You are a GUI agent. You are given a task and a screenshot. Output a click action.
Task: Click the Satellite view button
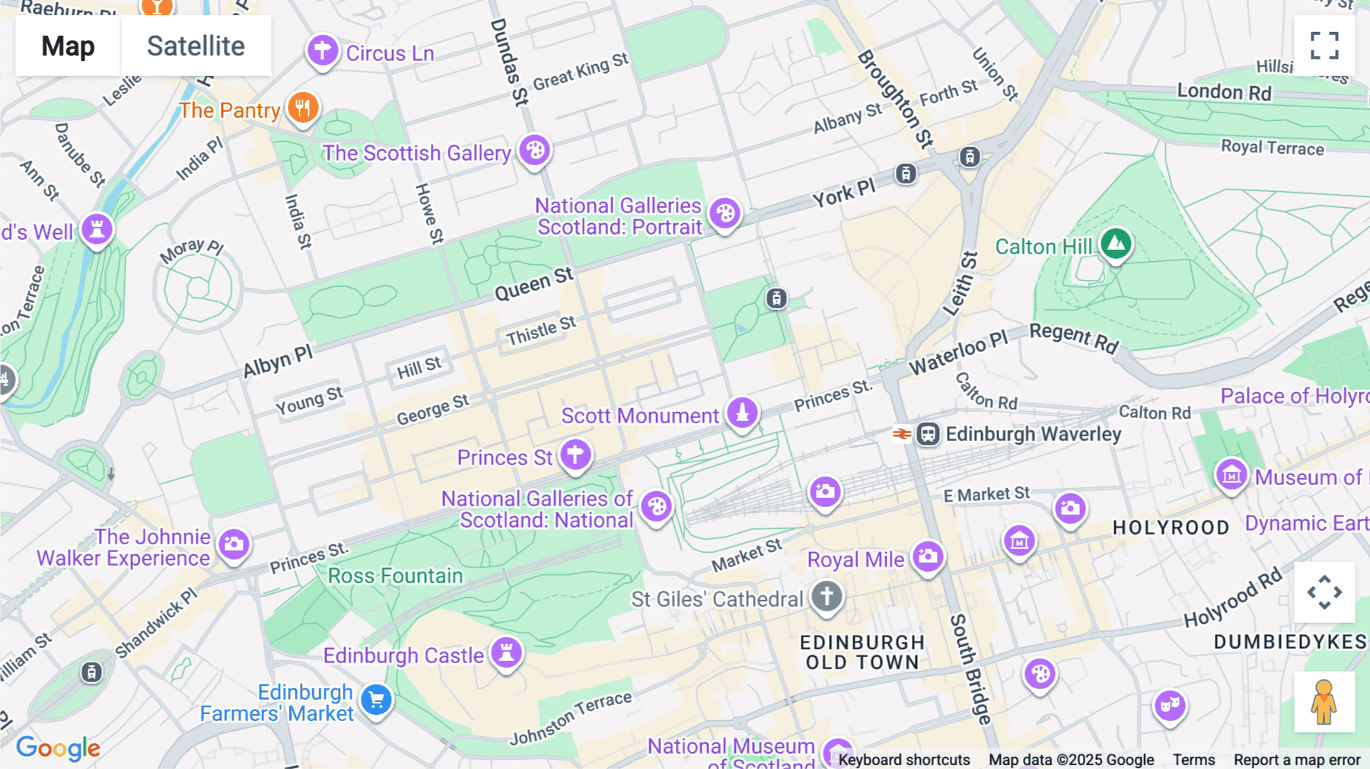point(196,46)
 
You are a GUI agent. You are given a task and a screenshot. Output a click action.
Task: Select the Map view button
point(68,46)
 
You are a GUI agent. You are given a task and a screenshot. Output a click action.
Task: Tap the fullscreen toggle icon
point(1324,46)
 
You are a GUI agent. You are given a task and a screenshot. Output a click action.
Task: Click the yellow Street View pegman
point(1324,702)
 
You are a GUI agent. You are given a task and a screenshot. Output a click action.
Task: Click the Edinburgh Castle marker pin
point(506,653)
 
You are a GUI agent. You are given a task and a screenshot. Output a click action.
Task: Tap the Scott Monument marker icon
point(742,413)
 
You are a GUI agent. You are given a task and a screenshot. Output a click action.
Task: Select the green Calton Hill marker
point(1116,244)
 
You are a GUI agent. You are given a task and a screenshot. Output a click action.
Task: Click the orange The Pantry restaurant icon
point(303,108)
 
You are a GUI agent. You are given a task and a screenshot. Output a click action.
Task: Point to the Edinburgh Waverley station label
point(1033,434)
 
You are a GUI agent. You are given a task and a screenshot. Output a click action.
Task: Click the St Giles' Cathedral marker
point(827,596)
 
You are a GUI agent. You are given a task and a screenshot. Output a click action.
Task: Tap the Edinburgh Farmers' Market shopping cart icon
point(376,700)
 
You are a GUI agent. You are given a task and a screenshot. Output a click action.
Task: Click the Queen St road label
point(534,284)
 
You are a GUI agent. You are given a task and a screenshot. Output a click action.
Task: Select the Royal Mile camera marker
point(928,557)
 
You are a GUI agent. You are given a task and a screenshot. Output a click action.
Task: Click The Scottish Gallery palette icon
point(535,150)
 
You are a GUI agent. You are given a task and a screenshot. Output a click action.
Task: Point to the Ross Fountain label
point(395,576)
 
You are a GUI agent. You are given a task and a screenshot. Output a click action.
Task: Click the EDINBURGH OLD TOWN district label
point(862,653)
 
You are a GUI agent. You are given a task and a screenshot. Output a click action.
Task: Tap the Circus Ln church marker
point(323,51)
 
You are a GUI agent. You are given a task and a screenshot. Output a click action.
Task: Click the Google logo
point(59,748)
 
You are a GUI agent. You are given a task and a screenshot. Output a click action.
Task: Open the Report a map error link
point(1297,760)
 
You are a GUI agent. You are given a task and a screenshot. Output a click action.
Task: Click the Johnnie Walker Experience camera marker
point(234,544)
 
